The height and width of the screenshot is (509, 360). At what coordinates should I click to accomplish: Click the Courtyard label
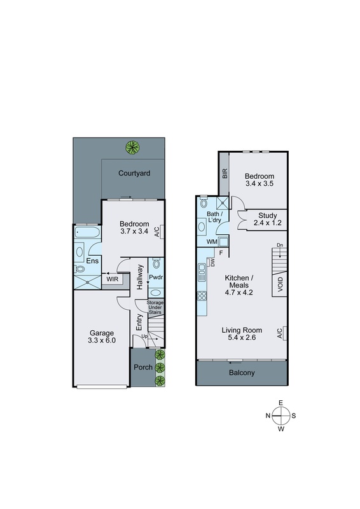tap(134, 173)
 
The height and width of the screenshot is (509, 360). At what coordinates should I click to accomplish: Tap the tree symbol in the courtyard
tap(132, 148)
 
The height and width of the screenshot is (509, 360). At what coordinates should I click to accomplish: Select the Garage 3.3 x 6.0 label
tap(101, 337)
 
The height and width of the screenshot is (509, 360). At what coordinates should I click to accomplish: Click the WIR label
tap(113, 279)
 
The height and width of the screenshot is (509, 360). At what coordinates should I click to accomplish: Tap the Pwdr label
tap(156, 277)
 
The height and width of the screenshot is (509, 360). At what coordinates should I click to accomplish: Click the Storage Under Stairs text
tap(156, 308)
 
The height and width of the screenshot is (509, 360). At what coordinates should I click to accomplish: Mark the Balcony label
tap(242, 373)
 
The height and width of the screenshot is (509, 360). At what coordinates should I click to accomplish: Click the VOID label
tap(280, 286)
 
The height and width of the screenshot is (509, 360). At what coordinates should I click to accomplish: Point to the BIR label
tap(225, 172)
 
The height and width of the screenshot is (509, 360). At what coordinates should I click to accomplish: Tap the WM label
tap(211, 242)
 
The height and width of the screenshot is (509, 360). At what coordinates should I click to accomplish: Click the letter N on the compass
tap(268, 415)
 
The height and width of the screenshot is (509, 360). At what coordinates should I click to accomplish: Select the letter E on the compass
tap(280, 403)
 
